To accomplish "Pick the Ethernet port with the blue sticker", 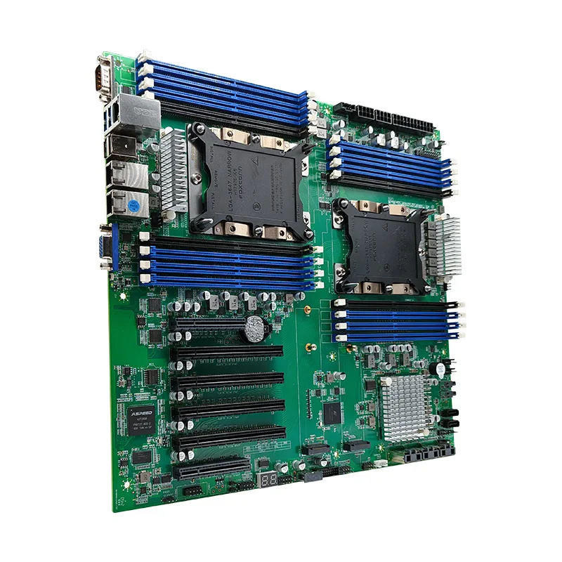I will pos(126,202).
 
